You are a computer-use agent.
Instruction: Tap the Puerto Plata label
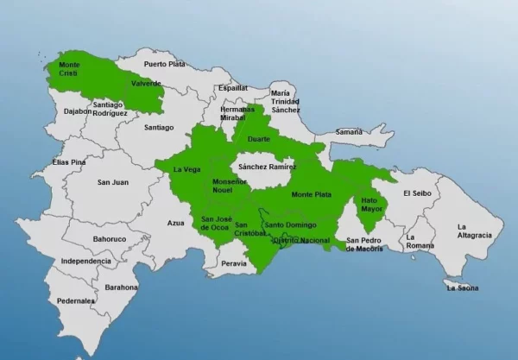tap(165, 64)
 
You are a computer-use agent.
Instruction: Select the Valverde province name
tap(146, 84)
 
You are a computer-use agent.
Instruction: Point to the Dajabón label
tap(78, 111)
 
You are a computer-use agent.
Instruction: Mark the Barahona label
tap(122, 287)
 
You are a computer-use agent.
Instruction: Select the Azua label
tap(175, 223)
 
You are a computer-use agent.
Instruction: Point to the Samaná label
tap(349, 132)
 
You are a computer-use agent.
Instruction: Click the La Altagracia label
tap(474, 231)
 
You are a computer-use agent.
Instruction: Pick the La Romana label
tap(420, 241)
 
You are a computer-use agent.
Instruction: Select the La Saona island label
tap(463, 288)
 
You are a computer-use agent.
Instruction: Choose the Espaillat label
tap(233, 88)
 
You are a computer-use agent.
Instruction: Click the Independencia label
tap(85, 261)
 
